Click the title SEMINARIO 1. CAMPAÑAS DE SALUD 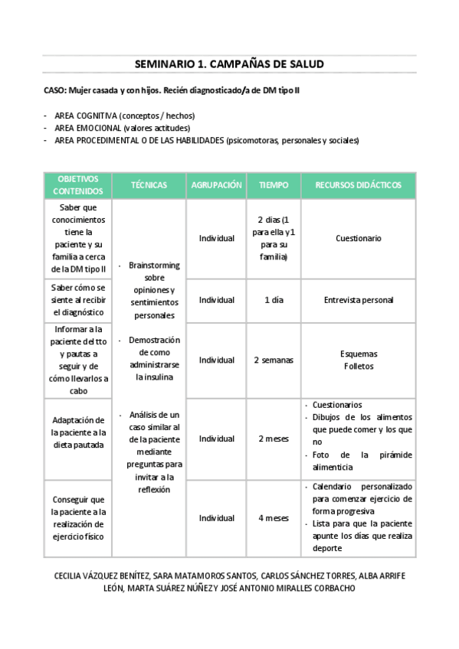tap(229, 64)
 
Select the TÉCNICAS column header tap(149, 185)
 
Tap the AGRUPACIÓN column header tap(216, 185)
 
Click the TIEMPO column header tap(274, 185)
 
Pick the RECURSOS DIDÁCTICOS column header tap(358, 185)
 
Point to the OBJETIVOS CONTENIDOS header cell tap(77, 185)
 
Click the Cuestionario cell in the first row tap(358, 238)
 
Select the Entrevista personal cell tap(358, 300)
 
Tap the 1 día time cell tap(274, 300)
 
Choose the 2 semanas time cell tap(274, 360)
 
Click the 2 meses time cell tap(274, 439)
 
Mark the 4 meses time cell tap(274, 517)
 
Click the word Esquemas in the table tap(358, 354)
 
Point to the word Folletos tap(358, 367)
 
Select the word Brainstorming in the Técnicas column tap(154, 265)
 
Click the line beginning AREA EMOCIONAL tap(122, 128)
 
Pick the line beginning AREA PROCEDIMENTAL tap(206, 140)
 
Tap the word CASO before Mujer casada tap(54, 90)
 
